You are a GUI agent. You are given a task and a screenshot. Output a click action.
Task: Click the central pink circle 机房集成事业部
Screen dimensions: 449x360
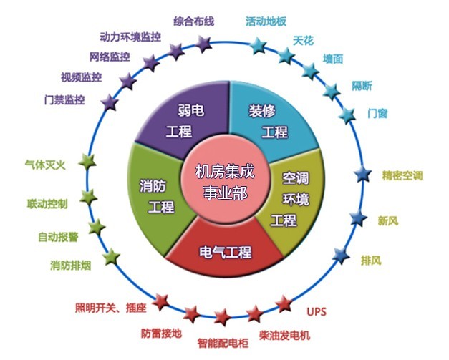pos(226,182)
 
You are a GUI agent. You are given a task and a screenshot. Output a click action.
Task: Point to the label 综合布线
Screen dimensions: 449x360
pos(194,21)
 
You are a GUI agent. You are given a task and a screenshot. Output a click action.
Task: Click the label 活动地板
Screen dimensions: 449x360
pos(266,21)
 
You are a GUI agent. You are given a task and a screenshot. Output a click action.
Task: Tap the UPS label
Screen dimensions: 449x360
pos(317,311)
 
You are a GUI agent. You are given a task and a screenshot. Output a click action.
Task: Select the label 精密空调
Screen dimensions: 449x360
pos(402,175)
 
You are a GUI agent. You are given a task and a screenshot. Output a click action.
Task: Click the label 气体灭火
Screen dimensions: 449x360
pos(45,165)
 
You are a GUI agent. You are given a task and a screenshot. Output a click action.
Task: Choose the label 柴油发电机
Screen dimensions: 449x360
pos(284,335)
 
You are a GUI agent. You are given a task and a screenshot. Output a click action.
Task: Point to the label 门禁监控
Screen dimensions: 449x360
pos(64,99)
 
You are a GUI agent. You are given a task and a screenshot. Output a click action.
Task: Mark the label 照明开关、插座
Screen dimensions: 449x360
pos(111,308)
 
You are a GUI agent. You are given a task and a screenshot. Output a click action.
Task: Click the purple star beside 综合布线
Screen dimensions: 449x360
pos(203,44)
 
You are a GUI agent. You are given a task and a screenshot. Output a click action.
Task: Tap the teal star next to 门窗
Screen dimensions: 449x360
pos(347,115)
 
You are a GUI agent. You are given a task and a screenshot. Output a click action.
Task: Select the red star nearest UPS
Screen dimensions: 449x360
pos(284,304)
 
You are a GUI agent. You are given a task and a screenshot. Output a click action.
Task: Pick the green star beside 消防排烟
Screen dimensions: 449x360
pos(111,257)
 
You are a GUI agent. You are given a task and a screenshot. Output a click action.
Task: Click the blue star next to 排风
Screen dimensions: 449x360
pos(341,256)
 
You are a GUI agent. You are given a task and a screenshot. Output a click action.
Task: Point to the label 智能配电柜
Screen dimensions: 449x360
pos(223,343)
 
